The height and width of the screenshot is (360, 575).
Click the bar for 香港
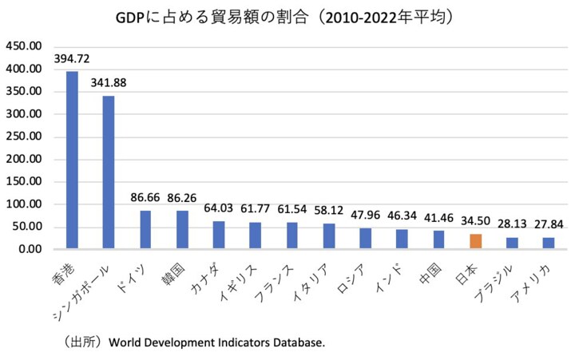(72, 160)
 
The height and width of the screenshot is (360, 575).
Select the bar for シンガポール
(109, 172)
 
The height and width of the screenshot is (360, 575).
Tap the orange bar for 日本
(475, 241)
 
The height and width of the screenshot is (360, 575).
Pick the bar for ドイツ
(145, 230)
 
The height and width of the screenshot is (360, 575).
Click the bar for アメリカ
(548, 243)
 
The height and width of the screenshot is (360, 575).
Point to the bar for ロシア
(365, 239)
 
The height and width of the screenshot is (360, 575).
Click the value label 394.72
(73, 59)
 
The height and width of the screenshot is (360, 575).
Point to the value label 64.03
(218, 208)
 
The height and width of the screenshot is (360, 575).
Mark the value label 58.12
(329, 212)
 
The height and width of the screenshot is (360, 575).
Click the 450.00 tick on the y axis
(23, 47)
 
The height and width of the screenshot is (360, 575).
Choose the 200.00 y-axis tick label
(23, 159)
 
